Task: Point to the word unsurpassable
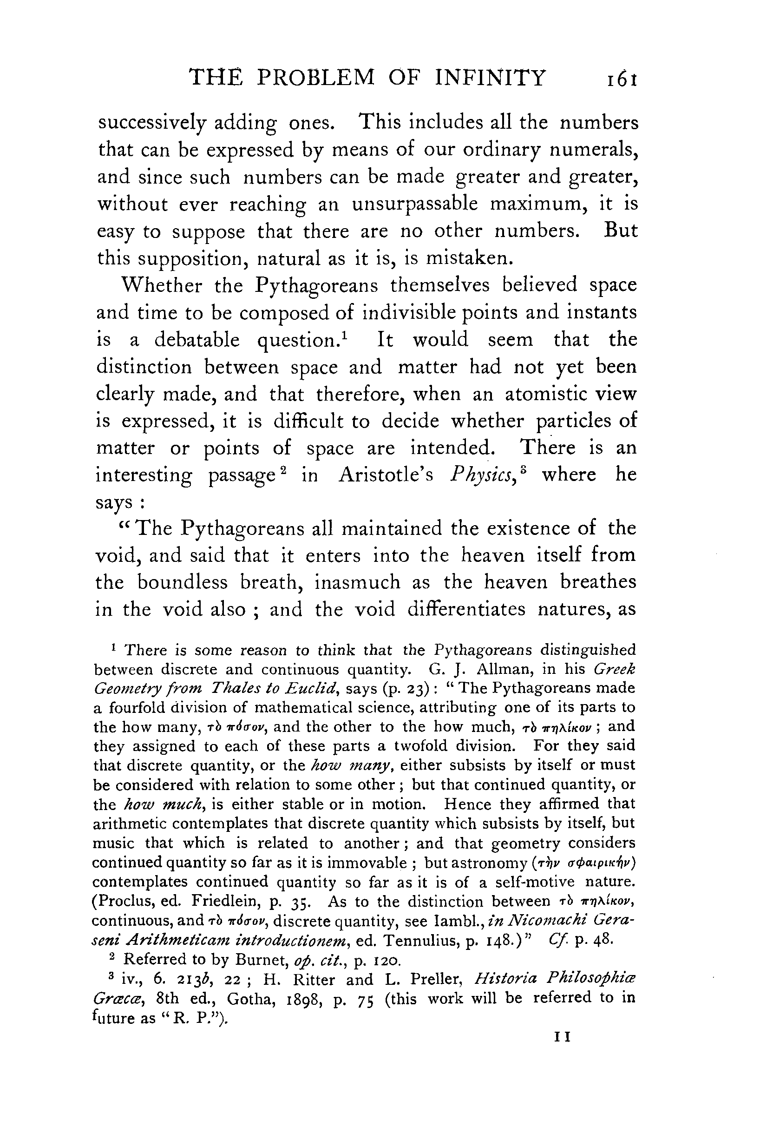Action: click(x=414, y=204)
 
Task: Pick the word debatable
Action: click(x=197, y=340)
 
